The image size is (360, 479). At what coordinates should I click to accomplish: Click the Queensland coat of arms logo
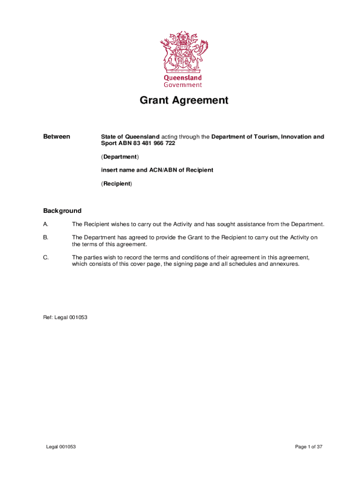pyautogui.click(x=183, y=51)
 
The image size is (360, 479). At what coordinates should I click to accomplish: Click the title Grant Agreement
pyautogui.click(x=184, y=101)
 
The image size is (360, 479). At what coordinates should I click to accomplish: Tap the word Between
pyautogui.click(x=57, y=137)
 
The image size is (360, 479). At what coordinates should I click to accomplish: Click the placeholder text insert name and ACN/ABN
pyautogui.click(x=157, y=170)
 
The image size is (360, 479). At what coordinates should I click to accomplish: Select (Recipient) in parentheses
pyautogui.click(x=116, y=184)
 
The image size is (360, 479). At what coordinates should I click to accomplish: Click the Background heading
pyautogui.click(x=62, y=211)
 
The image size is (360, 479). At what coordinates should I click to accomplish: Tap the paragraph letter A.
pyautogui.click(x=46, y=224)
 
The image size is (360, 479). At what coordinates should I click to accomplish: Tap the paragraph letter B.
pyautogui.click(x=46, y=238)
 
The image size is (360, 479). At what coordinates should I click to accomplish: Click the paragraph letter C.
pyautogui.click(x=46, y=258)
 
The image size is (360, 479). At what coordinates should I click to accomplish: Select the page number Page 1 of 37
pyautogui.click(x=309, y=447)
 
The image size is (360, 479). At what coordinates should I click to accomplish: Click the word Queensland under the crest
pyautogui.click(x=182, y=78)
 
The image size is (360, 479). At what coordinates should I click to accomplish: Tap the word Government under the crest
pyautogui.click(x=182, y=85)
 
